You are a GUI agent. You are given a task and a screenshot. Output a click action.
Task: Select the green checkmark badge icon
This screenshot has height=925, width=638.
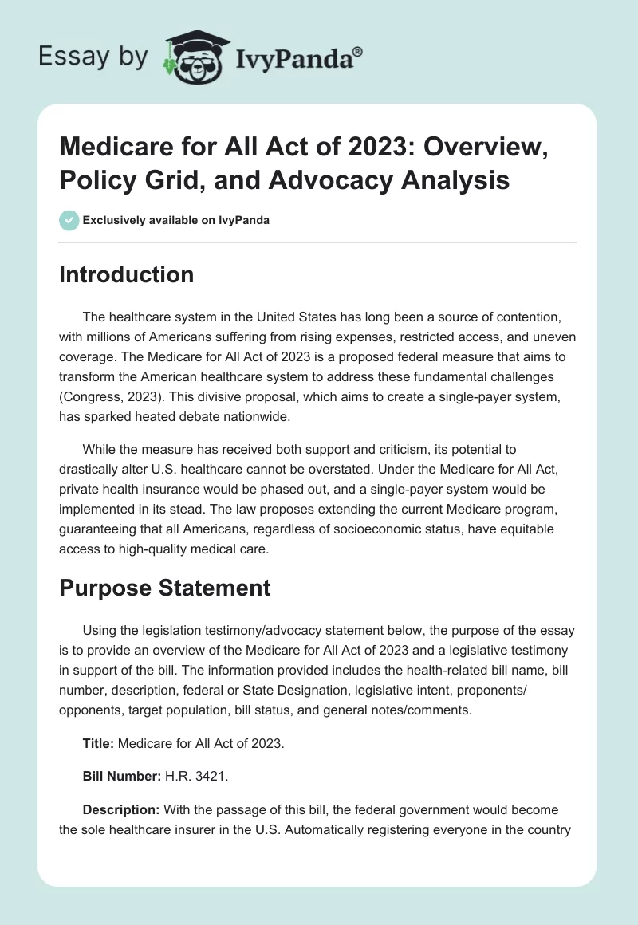pyautogui.click(x=69, y=221)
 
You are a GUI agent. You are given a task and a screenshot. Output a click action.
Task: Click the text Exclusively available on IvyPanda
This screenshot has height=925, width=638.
pyautogui.click(x=175, y=221)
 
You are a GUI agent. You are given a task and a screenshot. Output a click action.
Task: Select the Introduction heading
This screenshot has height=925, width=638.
pyautogui.click(x=127, y=274)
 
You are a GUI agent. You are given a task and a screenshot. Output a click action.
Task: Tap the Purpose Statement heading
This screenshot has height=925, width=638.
pyautogui.click(x=166, y=588)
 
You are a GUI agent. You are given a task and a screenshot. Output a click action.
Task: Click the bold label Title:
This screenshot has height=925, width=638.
pyautogui.click(x=99, y=743)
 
